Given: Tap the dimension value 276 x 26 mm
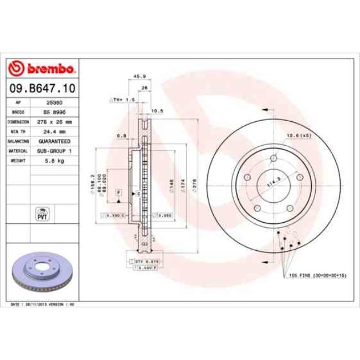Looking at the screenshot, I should point(54,121).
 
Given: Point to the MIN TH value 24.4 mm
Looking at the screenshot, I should point(54,131).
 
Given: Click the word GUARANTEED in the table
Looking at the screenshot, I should point(54,141).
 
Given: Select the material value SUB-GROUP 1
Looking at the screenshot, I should point(54,151).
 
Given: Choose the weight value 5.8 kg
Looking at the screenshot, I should point(54,160).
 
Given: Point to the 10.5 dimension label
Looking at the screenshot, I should point(157,110).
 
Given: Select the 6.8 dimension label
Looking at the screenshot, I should point(122,135).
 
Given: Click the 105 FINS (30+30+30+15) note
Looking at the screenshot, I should point(315,275).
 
